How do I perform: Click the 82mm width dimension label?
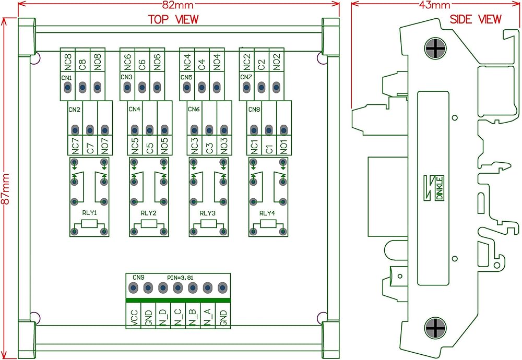(178, 5)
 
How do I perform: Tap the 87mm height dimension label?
(6, 189)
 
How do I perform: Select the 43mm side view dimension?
(435, 5)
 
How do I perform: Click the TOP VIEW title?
(173, 19)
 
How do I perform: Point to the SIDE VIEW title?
(476, 19)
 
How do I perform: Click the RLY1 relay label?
(89, 213)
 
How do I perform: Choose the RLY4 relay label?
(267, 213)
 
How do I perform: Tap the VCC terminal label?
(134, 318)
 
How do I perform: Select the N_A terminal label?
(208, 317)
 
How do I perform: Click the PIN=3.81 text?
(180, 278)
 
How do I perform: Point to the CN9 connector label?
(138, 277)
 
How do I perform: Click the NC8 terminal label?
(68, 62)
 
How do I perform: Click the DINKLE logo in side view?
(434, 188)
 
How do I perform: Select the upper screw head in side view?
(435, 49)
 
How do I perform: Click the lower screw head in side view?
(435, 328)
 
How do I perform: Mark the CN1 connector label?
(67, 78)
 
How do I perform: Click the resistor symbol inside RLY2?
(149, 224)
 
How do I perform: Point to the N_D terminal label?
(163, 317)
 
